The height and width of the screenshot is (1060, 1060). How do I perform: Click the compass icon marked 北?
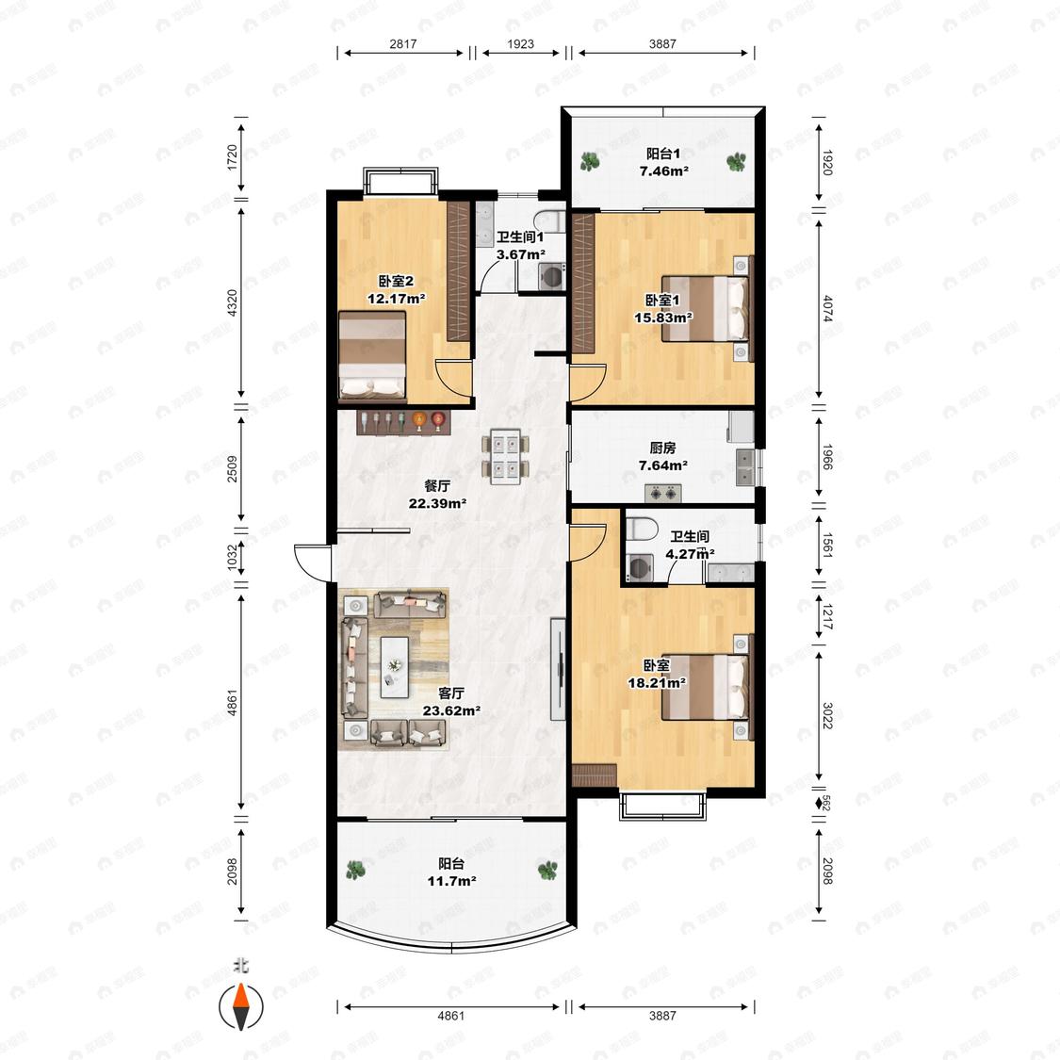(x=240, y=1006)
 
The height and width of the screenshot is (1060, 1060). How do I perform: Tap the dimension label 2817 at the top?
(x=403, y=44)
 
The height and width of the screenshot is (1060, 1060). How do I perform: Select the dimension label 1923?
(x=520, y=44)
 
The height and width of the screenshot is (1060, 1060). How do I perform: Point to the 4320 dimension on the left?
(x=232, y=302)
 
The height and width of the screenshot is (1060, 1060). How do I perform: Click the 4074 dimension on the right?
(x=827, y=310)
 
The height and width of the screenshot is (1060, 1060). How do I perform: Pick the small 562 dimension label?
(x=825, y=803)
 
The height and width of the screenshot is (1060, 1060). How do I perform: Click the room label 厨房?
(x=662, y=448)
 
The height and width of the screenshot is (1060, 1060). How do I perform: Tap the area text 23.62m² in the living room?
(x=451, y=710)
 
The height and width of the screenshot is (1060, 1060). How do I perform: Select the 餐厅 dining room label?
(x=437, y=485)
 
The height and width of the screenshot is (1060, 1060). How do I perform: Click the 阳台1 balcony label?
(x=662, y=154)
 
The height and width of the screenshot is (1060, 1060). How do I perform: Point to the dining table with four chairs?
(x=506, y=456)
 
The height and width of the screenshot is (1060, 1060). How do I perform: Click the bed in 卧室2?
(x=372, y=354)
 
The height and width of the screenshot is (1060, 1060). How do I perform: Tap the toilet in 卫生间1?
(x=548, y=220)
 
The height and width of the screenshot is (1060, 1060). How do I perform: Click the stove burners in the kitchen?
(x=661, y=494)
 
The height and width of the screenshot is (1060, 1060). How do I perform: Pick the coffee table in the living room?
(x=394, y=667)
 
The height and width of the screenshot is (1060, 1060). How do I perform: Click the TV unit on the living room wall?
(x=558, y=669)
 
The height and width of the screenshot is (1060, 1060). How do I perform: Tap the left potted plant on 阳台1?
(x=590, y=161)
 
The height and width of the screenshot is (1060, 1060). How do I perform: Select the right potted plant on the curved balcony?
(x=546, y=870)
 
